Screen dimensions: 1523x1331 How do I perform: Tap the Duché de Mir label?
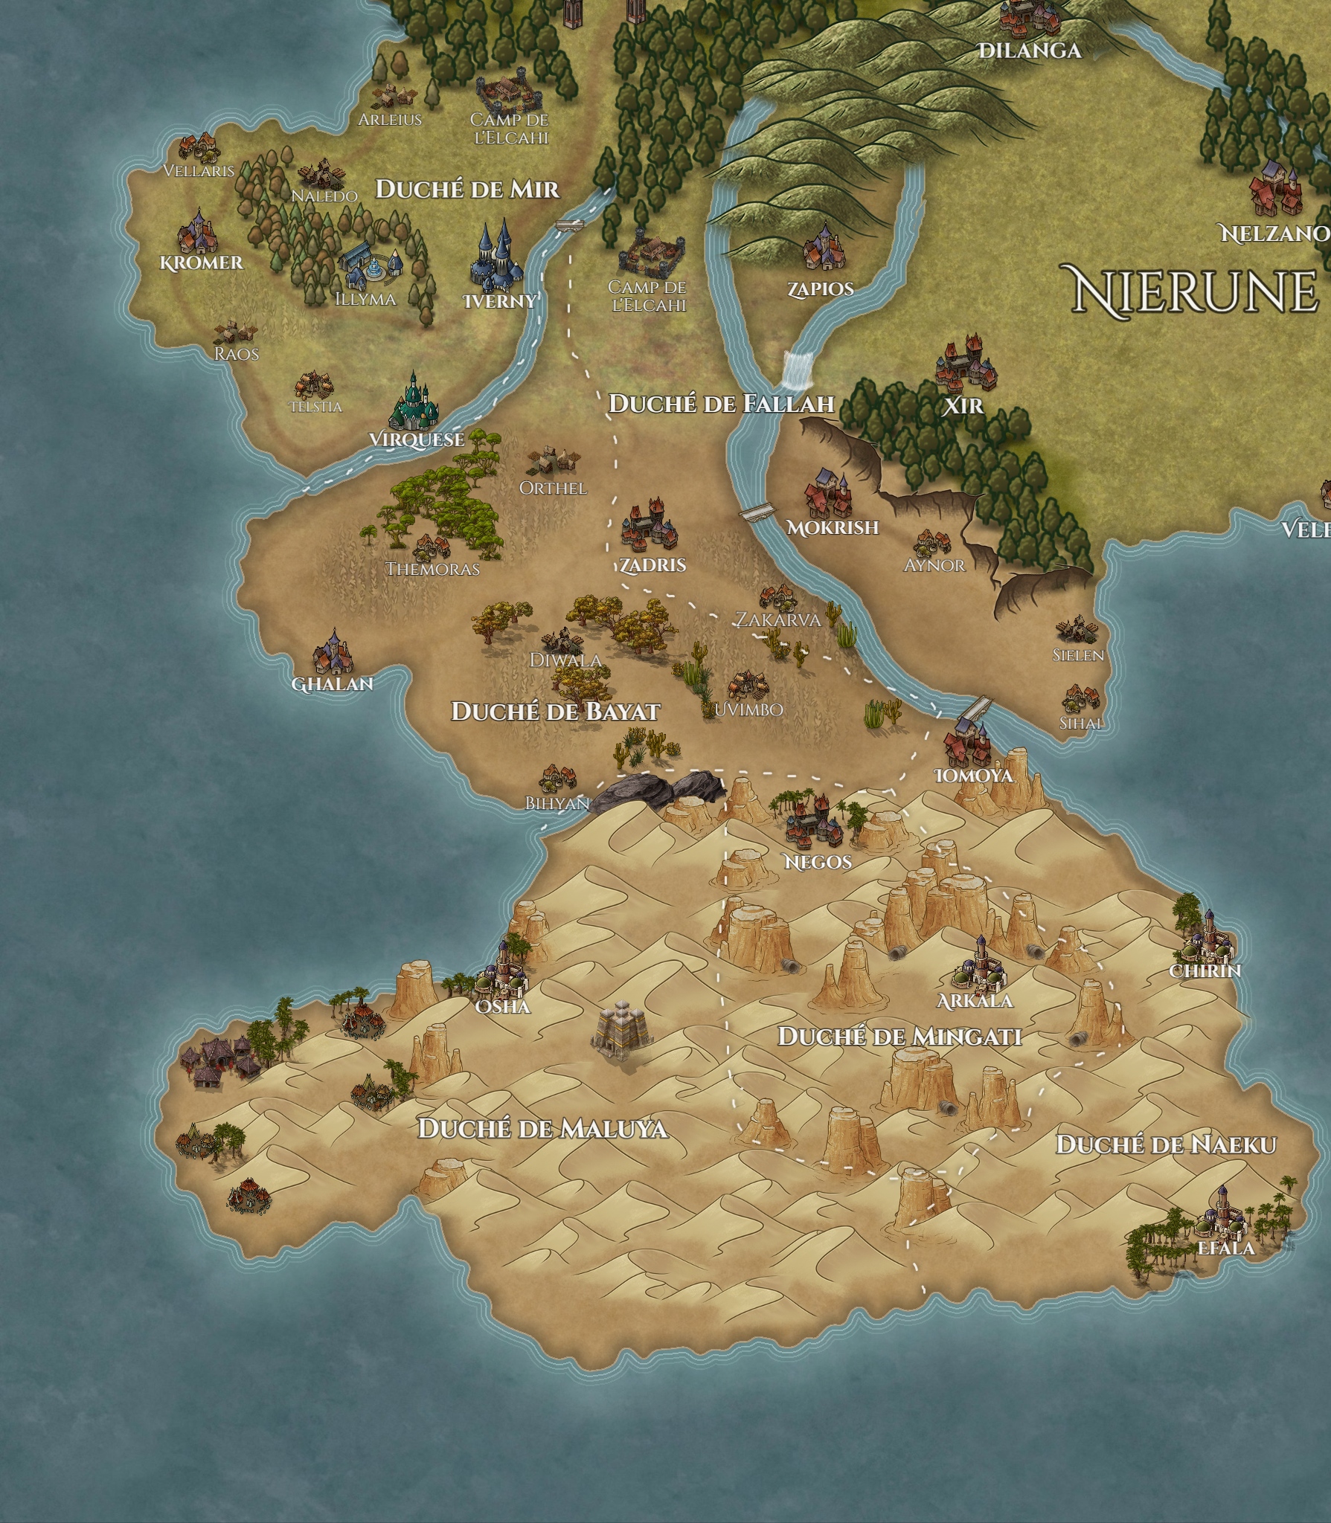click(x=466, y=189)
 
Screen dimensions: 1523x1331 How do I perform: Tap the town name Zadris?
click(x=652, y=565)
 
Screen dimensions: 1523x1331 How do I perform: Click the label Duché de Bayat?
click(x=555, y=712)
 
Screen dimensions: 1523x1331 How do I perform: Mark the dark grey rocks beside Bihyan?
click(x=659, y=789)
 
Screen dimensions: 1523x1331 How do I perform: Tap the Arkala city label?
click(x=975, y=1001)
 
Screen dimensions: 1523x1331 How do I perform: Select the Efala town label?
click(x=1226, y=1246)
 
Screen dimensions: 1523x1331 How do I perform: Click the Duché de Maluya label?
click(x=542, y=1128)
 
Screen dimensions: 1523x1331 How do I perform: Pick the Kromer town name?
click(x=201, y=263)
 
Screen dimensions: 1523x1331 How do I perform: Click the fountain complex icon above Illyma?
click(x=371, y=263)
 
